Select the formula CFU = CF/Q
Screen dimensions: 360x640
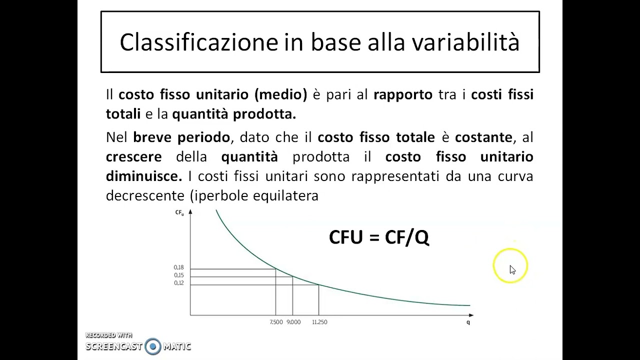379,237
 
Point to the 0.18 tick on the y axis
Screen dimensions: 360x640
179,267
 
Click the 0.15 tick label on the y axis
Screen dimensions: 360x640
179,275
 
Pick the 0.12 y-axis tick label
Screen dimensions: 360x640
179,283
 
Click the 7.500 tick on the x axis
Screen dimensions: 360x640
276,322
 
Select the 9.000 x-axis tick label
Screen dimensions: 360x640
293,322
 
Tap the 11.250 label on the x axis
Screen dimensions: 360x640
319,322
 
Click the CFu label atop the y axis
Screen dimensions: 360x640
179,213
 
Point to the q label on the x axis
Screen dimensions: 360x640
468,322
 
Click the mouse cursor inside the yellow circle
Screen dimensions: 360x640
512,269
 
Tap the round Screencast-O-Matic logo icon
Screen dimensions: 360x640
153,346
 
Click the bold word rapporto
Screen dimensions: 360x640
402,94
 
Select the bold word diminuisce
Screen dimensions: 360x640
143,176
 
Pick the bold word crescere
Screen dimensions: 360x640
133,156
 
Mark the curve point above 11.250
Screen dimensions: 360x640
318,285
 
